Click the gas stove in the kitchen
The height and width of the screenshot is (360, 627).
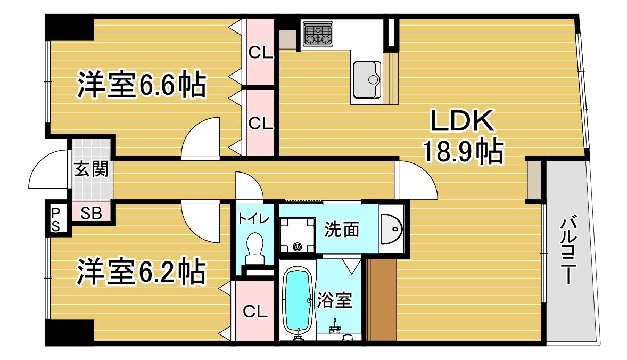pos(318,34)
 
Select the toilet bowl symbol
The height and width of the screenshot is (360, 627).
pos(255,248)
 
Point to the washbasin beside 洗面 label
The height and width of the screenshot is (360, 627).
pos(391,229)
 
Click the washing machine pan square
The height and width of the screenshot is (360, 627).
pos(297,235)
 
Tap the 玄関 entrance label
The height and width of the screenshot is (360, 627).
pos(91,169)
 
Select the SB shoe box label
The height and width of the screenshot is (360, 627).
pos(91,213)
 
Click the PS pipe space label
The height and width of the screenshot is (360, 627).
pos(55,219)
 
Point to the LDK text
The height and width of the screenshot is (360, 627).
pos(462,121)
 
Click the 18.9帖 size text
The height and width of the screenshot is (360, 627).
pos(463,151)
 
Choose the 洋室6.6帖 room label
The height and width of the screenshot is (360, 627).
pos(142,84)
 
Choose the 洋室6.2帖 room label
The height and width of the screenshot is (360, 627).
pos(141,272)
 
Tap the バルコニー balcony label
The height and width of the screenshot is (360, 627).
pos(569,250)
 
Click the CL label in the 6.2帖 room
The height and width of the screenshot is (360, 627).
pos(255,311)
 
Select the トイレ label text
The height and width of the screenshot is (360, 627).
pos(254,218)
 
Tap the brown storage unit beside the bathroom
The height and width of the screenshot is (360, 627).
pos(382,300)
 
